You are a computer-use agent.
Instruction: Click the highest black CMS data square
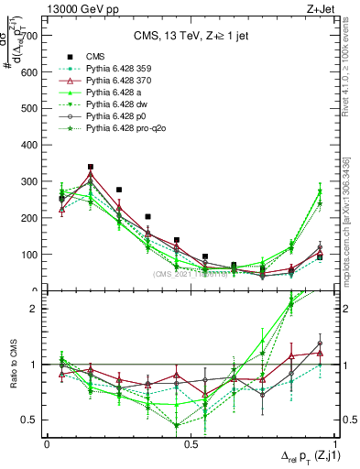(x=91, y=168)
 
